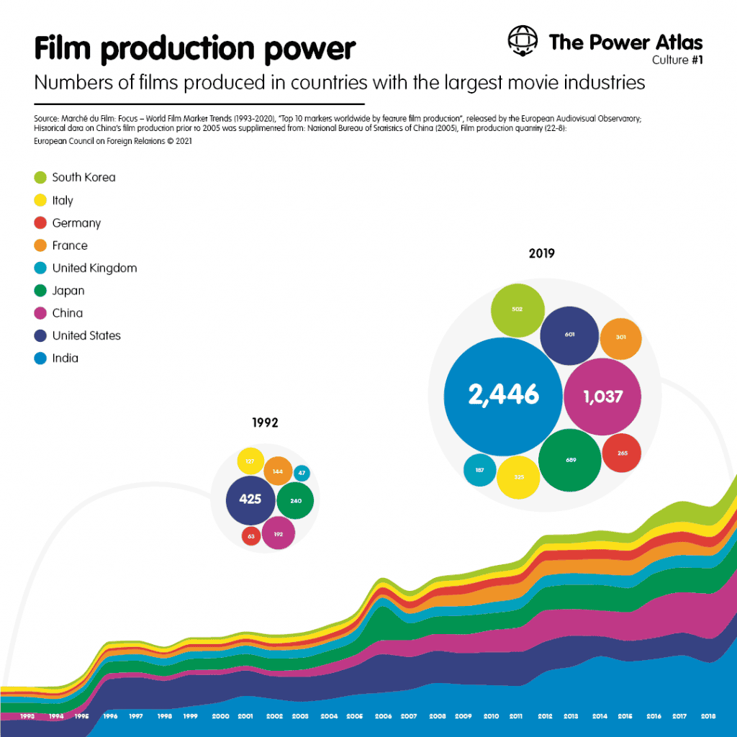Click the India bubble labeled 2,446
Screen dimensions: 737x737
(x=503, y=394)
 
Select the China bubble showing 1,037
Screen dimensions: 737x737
(x=602, y=396)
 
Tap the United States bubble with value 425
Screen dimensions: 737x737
(x=250, y=499)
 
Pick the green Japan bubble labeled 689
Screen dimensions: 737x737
(x=570, y=460)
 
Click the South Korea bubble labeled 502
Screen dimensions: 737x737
(x=517, y=309)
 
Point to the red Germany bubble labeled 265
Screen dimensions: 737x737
(x=622, y=453)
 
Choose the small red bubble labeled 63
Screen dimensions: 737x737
(x=251, y=536)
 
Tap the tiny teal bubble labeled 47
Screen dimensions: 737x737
(x=302, y=473)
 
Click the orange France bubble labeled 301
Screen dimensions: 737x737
(x=620, y=338)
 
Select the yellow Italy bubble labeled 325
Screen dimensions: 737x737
(x=518, y=477)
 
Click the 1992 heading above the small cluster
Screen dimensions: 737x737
(x=265, y=423)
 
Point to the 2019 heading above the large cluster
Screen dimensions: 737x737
(x=541, y=253)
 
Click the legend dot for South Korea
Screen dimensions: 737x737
(x=40, y=177)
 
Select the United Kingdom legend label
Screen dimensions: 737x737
(x=94, y=268)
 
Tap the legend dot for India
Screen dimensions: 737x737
(x=40, y=358)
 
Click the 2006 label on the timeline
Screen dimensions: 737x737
(x=383, y=717)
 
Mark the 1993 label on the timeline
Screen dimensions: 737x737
(x=27, y=717)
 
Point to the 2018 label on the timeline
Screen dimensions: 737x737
(x=707, y=717)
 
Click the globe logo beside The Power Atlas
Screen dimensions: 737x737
(x=523, y=41)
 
